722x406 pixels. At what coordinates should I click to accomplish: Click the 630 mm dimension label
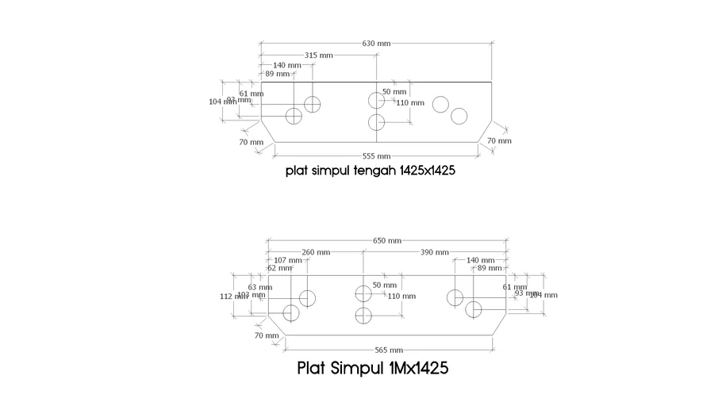pos(377,43)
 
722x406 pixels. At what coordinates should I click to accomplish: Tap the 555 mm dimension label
pos(377,156)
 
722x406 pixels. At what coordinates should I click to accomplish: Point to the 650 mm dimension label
pos(387,240)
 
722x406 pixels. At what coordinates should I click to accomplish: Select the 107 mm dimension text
pos(287,260)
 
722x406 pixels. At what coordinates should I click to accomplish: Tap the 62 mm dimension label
pos(278,268)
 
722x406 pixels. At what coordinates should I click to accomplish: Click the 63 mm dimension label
pos(254,287)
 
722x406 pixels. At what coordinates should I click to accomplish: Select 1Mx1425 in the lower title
pos(419,369)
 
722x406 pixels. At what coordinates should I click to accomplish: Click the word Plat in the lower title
pos(312,369)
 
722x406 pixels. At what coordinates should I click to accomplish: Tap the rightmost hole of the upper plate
pos(459,117)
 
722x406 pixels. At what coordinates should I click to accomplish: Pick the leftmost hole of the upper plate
pos(294,117)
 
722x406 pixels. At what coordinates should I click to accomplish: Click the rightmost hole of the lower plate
pos(474,309)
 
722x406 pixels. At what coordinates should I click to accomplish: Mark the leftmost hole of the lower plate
pos(291,312)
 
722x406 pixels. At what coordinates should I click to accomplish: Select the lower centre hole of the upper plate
pos(377,122)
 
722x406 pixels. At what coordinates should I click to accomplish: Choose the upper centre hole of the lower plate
pos(363,293)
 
